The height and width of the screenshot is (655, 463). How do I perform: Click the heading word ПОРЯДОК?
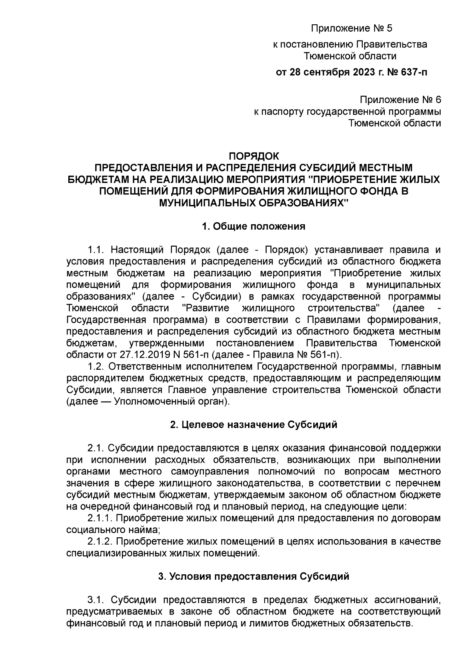coord(253,156)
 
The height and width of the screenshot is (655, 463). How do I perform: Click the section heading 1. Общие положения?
coord(253,226)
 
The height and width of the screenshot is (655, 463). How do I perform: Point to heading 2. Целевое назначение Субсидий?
coord(253,425)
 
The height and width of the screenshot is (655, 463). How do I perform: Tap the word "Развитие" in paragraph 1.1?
coord(206,308)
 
